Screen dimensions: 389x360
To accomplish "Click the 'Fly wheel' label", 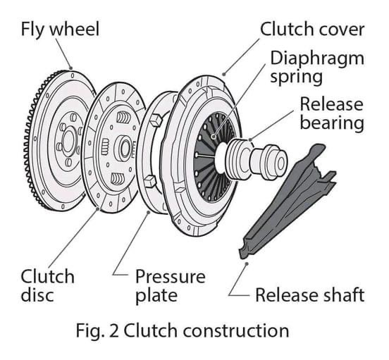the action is click(60, 30).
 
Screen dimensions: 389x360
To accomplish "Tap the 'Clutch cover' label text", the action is click(312, 30).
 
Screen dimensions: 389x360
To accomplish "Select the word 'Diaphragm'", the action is click(317, 59).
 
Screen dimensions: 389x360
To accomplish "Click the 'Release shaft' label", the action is click(310, 294).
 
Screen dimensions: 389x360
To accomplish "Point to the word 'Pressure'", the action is click(171, 276).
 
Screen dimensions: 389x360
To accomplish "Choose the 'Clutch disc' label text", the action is click(47, 285).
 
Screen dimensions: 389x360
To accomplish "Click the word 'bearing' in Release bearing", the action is click(332, 123).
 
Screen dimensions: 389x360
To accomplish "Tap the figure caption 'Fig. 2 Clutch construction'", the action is click(183, 330).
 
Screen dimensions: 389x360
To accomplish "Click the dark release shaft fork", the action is click(288, 201).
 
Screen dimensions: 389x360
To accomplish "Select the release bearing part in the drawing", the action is click(257, 159).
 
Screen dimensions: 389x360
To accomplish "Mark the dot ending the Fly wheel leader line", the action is click(70, 68).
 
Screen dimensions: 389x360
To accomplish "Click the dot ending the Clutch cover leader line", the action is click(224, 74).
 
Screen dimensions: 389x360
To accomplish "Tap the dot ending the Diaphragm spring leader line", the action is click(213, 136).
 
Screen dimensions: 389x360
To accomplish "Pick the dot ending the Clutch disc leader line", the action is click(97, 209).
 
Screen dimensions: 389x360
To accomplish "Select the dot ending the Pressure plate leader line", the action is click(149, 212).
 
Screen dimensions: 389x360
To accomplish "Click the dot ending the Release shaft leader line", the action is click(247, 263).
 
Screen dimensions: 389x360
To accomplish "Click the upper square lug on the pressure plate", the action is click(156, 120).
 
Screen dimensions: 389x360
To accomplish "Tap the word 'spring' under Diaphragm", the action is click(296, 77).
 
